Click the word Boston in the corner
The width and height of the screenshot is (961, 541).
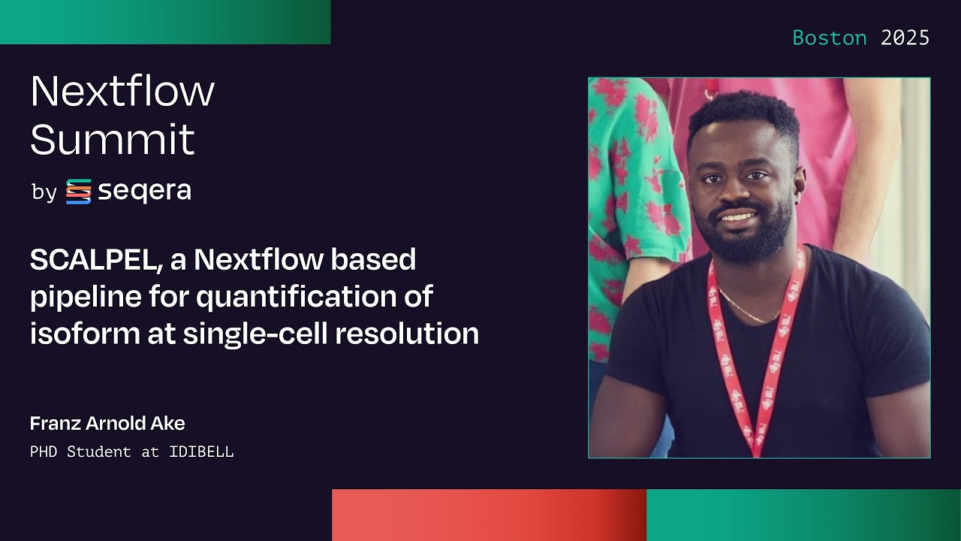(x=830, y=38)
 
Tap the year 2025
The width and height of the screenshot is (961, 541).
(x=905, y=38)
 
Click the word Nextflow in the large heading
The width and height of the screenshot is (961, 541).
(x=122, y=91)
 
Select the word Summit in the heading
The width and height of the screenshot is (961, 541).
(x=113, y=139)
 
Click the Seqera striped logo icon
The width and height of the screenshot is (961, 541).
(x=78, y=192)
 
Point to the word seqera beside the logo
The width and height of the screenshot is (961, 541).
(x=144, y=192)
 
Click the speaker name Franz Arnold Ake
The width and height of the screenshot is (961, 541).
(x=107, y=424)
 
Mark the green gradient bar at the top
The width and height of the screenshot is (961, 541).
(x=165, y=22)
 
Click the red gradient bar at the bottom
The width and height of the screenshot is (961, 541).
(x=489, y=515)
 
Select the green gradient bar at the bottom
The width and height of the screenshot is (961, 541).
(x=803, y=515)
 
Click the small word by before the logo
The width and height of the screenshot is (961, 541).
(x=44, y=193)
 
